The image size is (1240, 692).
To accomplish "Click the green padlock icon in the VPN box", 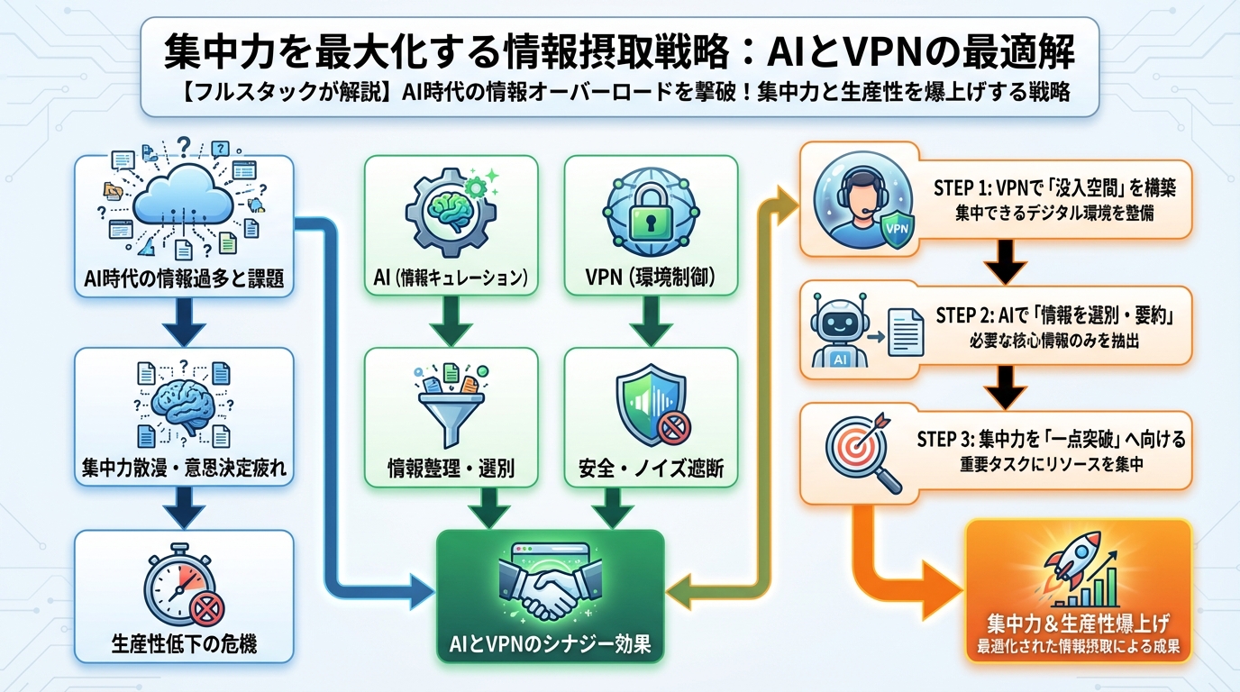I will pyautogui.click(x=651, y=213).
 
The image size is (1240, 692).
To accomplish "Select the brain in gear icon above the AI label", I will pyautogui.click(x=451, y=213).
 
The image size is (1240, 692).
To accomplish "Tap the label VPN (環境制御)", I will pyautogui.click(x=651, y=278).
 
